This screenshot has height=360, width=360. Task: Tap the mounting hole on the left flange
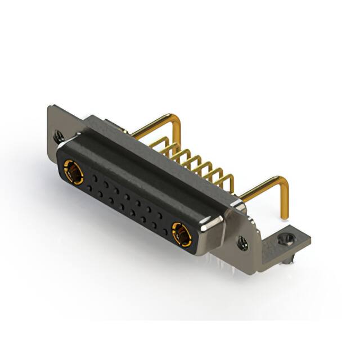point(58,136)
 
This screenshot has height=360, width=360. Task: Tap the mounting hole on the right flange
point(242,244)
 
